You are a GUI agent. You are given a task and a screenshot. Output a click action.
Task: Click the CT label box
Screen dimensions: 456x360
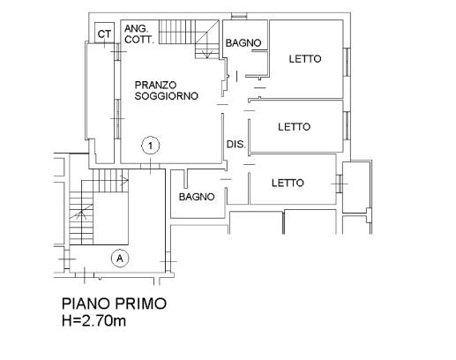(104, 33)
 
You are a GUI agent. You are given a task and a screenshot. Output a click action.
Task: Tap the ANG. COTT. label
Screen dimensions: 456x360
(138, 34)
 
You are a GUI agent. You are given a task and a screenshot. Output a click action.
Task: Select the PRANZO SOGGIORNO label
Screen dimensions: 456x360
(166, 90)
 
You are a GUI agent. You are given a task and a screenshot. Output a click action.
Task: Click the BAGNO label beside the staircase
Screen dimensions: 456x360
(243, 43)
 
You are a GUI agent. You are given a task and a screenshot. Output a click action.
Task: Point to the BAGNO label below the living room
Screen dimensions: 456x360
(197, 197)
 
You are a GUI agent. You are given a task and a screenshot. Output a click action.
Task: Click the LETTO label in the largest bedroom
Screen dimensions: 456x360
(305, 59)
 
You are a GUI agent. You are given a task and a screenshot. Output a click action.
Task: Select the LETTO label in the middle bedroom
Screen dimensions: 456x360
(294, 127)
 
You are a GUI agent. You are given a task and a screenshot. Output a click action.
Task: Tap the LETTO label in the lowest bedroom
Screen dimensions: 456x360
(288, 183)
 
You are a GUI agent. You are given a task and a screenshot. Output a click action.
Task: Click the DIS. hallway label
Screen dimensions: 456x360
(236, 145)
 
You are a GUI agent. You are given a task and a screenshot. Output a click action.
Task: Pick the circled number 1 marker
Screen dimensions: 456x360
(151, 146)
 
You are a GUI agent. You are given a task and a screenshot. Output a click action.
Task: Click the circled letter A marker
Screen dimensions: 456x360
(120, 259)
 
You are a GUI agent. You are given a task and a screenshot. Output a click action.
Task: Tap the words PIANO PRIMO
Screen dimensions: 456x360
(114, 304)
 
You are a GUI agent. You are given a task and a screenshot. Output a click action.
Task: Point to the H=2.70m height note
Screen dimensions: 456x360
(93, 320)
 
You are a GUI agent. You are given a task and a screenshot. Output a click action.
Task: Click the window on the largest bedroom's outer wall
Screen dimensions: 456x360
(347, 62)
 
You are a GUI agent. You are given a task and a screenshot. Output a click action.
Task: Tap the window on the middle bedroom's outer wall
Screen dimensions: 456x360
(347, 125)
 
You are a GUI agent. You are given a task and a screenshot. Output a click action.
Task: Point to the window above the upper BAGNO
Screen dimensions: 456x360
(239, 17)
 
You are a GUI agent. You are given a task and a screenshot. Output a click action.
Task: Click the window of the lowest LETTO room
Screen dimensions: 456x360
(340, 184)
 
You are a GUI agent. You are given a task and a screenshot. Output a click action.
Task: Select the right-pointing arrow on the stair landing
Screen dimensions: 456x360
(125, 180)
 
